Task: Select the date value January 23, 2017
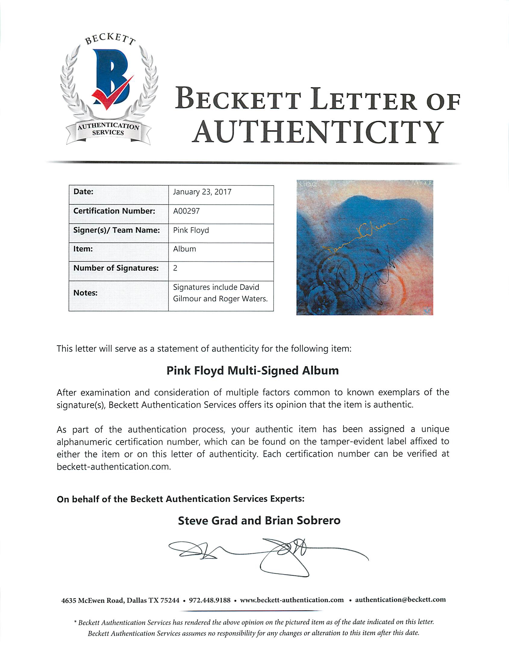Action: (202, 192)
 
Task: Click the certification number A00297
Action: (186, 211)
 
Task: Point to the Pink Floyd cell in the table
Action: (191, 230)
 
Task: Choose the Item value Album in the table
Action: (185, 249)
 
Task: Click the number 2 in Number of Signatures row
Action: (175, 268)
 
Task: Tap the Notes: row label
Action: (86, 293)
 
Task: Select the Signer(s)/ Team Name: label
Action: (116, 230)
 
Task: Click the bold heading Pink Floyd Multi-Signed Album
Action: (252, 371)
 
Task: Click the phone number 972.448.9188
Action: (210, 600)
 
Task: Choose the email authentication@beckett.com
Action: (400, 600)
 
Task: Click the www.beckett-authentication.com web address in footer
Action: (292, 600)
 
